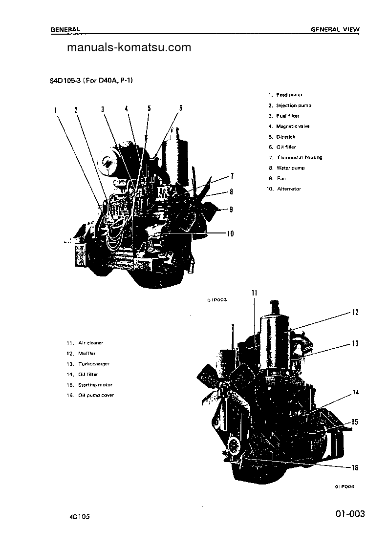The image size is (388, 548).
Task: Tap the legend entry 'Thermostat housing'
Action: tap(299, 157)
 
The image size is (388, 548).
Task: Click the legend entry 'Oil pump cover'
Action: tap(96, 395)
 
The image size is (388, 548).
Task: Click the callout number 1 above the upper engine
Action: tap(56, 110)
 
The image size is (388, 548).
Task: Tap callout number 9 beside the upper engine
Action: tap(231, 210)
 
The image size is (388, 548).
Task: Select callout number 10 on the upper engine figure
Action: tap(230, 233)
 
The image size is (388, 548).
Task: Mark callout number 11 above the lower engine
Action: tap(254, 293)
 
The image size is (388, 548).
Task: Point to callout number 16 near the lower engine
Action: tap(355, 468)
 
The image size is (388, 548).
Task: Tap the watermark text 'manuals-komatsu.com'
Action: tap(129, 47)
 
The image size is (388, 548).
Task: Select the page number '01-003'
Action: tap(350, 514)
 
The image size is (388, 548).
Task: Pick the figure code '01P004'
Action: tap(345, 486)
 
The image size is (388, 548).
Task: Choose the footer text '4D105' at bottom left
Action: tap(79, 516)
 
